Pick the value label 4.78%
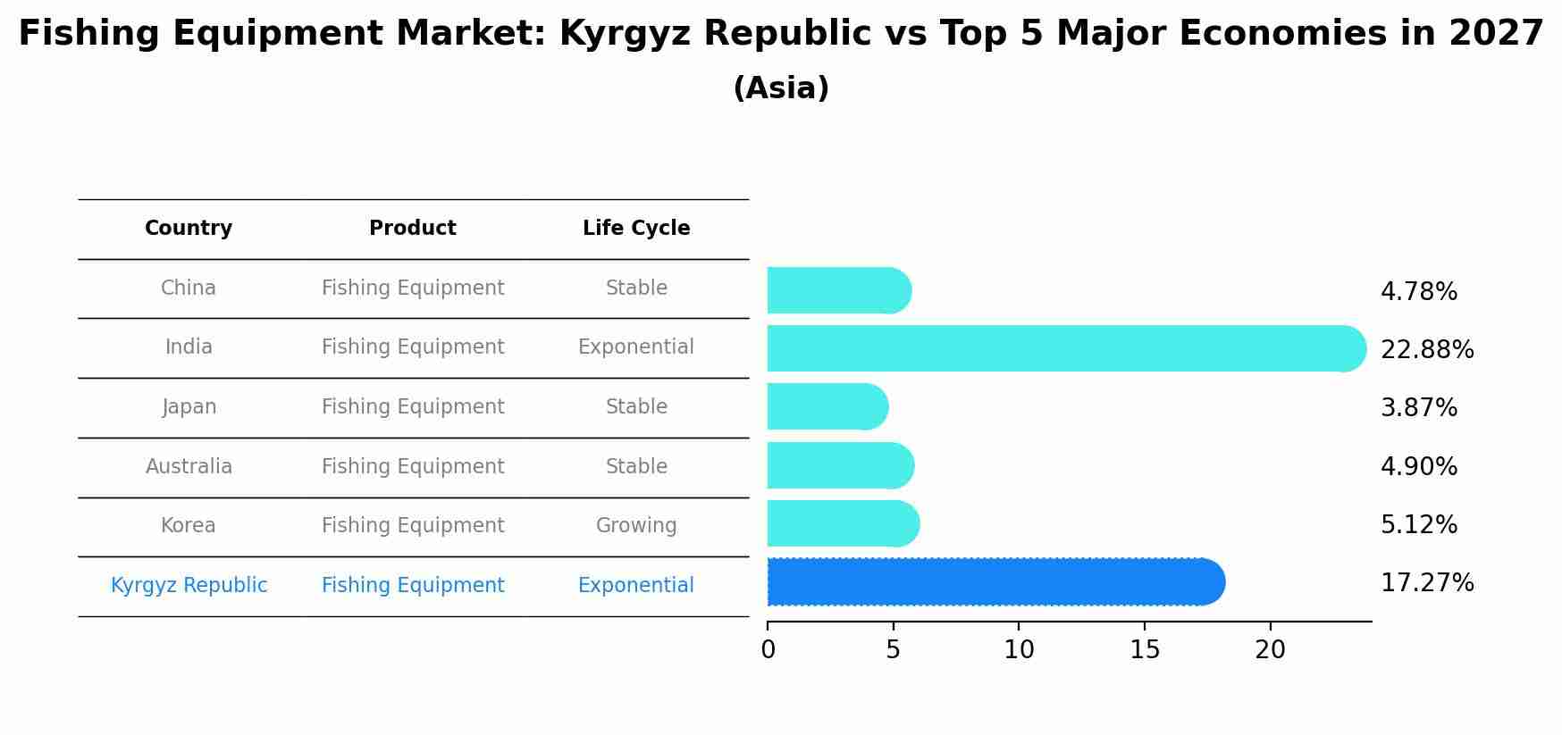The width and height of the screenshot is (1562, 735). click(x=1418, y=292)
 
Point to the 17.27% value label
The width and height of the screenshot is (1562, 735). click(x=1426, y=583)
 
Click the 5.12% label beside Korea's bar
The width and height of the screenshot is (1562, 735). click(x=1418, y=525)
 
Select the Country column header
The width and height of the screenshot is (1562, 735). click(x=189, y=229)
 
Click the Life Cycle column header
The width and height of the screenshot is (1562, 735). click(x=636, y=229)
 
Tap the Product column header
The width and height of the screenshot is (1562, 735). click(x=413, y=229)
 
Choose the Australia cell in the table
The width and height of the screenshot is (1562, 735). click(x=189, y=466)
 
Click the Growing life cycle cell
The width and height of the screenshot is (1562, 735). click(x=636, y=525)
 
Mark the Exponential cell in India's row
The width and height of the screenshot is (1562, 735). click(x=636, y=347)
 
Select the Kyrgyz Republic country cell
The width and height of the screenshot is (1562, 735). click(x=189, y=585)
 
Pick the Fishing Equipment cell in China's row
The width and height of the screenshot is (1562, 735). click(x=413, y=288)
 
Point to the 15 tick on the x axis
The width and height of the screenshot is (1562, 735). click(x=1145, y=650)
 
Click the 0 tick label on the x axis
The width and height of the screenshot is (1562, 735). click(x=768, y=650)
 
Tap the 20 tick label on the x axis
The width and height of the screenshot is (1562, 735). click(x=1270, y=650)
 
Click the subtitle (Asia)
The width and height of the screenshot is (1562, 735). click(x=781, y=88)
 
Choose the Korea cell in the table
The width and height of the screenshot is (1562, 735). click(x=189, y=525)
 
